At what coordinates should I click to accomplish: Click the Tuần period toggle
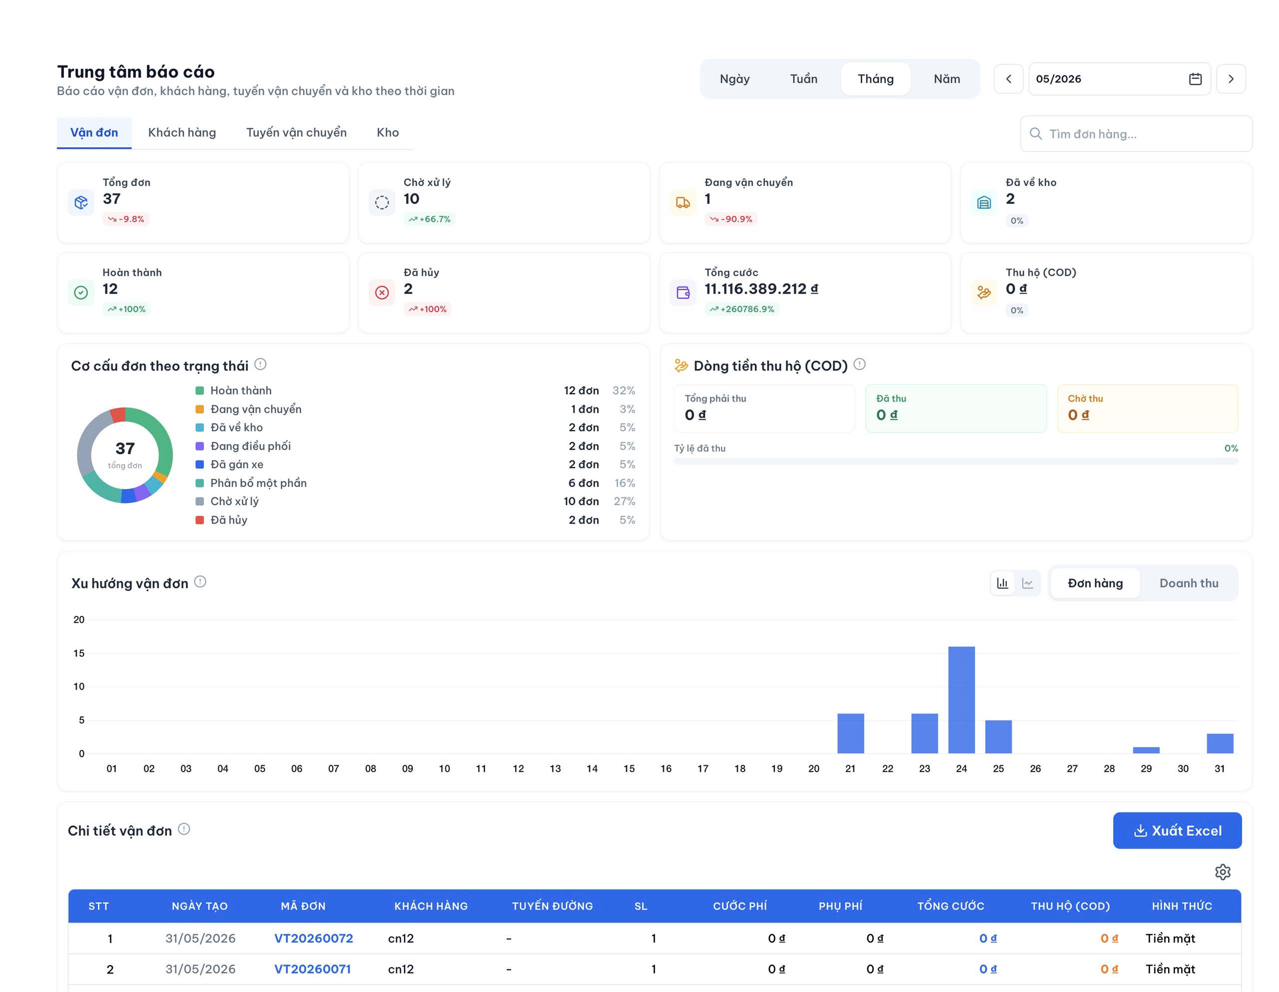[803, 79]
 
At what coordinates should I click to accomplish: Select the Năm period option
[946, 79]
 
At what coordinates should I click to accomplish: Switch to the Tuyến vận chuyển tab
[296, 132]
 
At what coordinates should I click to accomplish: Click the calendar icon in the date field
[1195, 79]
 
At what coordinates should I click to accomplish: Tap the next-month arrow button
[1231, 79]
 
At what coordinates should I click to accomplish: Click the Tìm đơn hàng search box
[1136, 134]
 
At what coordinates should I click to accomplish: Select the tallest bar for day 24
[962, 700]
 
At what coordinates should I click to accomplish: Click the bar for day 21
[851, 733]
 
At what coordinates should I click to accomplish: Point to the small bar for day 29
[1146, 750]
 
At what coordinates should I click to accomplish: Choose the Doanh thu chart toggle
[1189, 583]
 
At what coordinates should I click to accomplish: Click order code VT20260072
[314, 938]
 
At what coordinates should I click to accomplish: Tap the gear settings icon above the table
[1223, 872]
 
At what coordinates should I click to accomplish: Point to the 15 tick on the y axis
[79, 653]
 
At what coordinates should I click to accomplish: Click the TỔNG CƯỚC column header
[950, 906]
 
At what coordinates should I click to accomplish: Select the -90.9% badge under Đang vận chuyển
[731, 219]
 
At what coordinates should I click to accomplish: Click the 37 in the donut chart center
[125, 449]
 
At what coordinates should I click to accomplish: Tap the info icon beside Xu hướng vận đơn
[200, 581]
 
